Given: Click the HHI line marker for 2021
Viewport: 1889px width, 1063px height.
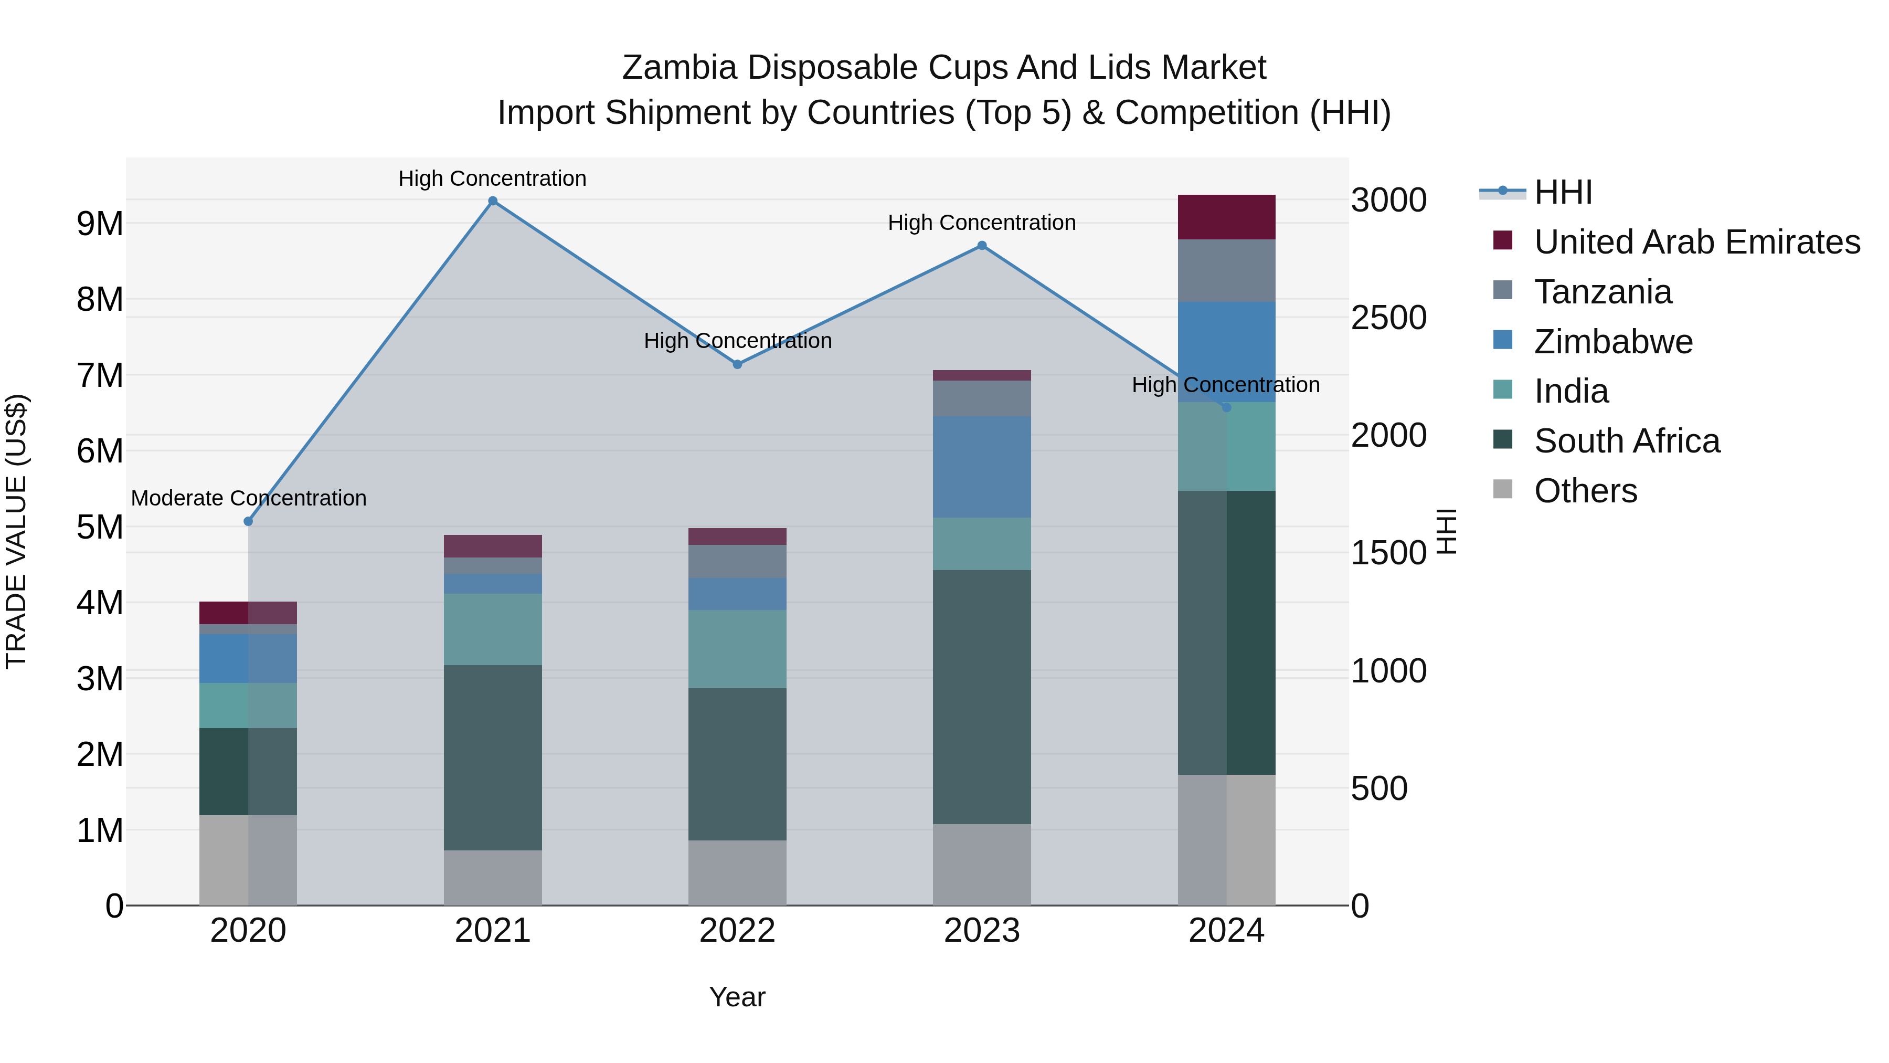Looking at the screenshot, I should (x=493, y=201).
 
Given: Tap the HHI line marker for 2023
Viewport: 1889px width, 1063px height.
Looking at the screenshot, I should (x=982, y=246).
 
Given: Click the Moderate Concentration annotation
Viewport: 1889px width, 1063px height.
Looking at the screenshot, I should (x=249, y=498).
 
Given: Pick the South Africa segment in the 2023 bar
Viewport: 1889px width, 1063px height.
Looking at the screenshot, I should (x=982, y=697).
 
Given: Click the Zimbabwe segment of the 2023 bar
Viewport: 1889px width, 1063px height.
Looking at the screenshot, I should (x=982, y=467).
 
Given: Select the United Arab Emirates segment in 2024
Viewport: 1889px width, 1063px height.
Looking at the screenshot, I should (x=1226, y=217).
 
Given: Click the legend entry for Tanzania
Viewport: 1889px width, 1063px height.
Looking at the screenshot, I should (x=1603, y=292).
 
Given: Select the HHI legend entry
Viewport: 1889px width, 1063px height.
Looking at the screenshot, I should (x=1562, y=192).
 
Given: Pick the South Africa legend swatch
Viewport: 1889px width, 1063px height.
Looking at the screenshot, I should (x=1503, y=440).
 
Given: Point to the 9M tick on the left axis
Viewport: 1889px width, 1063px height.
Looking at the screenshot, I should (x=100, y=224).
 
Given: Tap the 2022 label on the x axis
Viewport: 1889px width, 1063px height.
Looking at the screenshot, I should (x=737, y=931).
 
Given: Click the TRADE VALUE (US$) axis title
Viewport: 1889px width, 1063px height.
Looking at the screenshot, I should (x=16, y=531).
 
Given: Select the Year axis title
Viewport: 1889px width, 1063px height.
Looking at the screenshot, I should (x=737, y=997).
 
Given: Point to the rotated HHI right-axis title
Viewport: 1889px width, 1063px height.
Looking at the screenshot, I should (x=1446, y=531).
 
